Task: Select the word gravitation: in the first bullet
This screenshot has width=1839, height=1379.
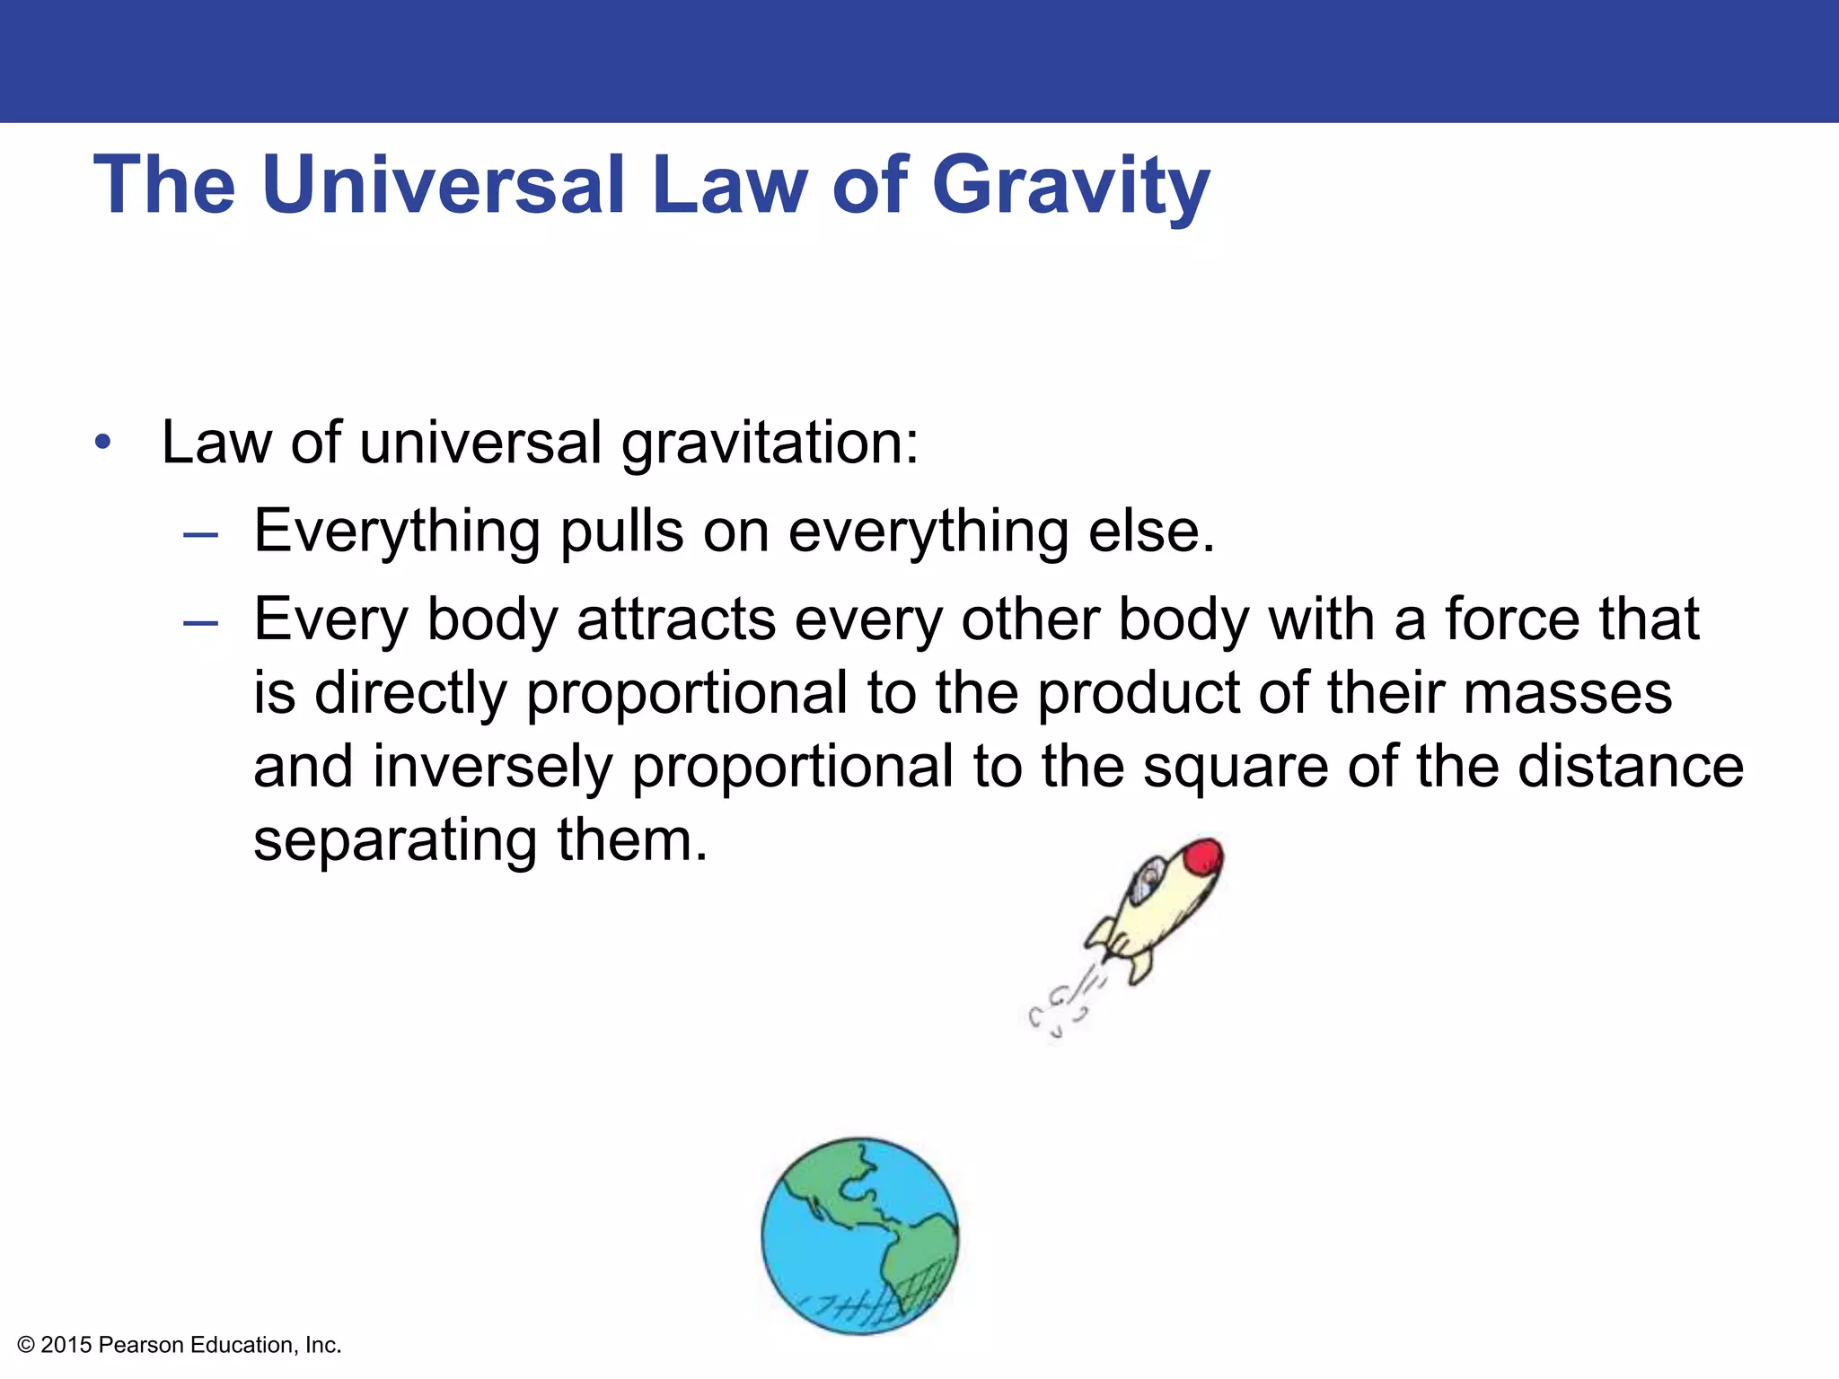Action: pos(770,444)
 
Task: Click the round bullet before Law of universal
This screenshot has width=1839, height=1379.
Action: pos(103,443)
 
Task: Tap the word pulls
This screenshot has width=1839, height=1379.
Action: pos(620,532)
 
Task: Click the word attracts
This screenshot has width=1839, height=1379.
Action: pos(675,619)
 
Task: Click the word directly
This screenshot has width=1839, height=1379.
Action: pos(410,694)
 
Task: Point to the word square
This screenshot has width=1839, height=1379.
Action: pos(1235,769)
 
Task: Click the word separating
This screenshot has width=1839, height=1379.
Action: pos(395,841)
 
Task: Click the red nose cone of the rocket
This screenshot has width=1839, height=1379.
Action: pos(1203,857)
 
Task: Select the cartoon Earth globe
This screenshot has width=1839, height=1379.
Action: pos(860,1236)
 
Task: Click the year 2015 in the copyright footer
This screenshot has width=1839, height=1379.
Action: pos(66,1345)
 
